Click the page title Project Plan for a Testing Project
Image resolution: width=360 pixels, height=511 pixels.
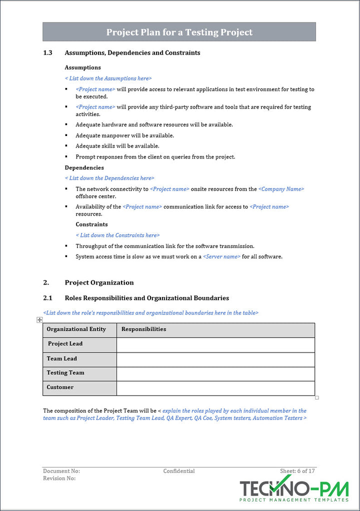pyautogui.click(x=179, y=32)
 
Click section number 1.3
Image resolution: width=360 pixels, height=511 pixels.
pyautogui.click(x=47, y=52)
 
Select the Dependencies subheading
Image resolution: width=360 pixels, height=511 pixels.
pyautogui.click(x=84, y=167)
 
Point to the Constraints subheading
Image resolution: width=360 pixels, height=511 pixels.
pyautogui.click(x=91, y=224)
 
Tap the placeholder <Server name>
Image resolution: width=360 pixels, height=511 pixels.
pyautogui.click(x=221, y=256)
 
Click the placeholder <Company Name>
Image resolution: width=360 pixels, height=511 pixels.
pyautogui.click(x=281, y=189)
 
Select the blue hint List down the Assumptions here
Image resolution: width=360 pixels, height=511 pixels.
pyautogui.click(x=108, y=78)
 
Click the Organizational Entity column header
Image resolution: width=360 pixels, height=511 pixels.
pyautogui.click(x=76, y=329)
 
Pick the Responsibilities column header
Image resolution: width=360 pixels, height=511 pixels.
pyautogui.click(x=143, y=329)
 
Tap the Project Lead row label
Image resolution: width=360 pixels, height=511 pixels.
pyautogui.click(x=65, y=344)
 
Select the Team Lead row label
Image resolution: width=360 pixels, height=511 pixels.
pyautogui.click(x=61, y=358)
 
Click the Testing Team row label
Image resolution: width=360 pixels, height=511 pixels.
pyautogui.click(x=65, y=372)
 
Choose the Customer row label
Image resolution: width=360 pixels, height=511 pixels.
pyautogui.click(x=60, y=387)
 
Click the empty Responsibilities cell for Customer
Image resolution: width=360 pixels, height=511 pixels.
pyautogui.click(x=215, y=388)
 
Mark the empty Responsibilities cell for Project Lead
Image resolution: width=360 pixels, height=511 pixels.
pyautogui.click(x=215, y=344)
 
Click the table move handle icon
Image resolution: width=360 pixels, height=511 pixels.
pyautogui.click(x=39, y=319)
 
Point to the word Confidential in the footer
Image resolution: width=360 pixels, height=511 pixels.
pyautogui.click(x=179, y=471)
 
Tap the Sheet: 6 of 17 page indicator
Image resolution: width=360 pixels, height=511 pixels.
pyautogui.click(x=297, y=471)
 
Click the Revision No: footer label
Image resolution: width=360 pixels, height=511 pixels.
pyautogui.click(x=59, y=478)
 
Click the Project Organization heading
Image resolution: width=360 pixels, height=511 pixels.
pyautogui.click(x=99, y=282)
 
